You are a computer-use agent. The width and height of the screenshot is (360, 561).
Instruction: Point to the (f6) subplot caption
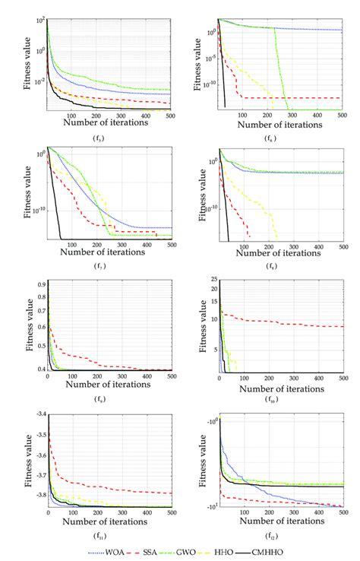point(270,138)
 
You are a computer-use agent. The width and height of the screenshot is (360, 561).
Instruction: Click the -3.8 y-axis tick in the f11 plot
point(39,495)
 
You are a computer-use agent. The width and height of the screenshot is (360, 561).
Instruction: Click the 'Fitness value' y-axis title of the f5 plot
point(27,64)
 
